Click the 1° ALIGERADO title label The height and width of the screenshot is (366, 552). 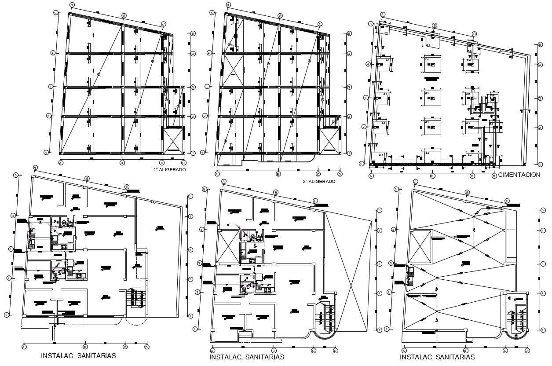pos(169,169)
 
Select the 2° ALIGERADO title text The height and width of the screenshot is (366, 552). pos(319,181)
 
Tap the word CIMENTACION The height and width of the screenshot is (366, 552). pos(519,175)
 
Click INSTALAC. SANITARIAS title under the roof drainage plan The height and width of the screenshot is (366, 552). pos(437,357)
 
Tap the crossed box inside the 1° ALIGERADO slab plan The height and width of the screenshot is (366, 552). pos(173,140)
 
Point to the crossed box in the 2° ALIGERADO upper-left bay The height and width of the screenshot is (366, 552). pos(232,70)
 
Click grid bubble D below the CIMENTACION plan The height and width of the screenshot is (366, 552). pos(494,176)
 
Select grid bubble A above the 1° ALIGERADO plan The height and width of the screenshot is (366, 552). pos(72,4)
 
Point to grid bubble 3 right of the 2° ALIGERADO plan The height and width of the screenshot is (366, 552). pos(349,88)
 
